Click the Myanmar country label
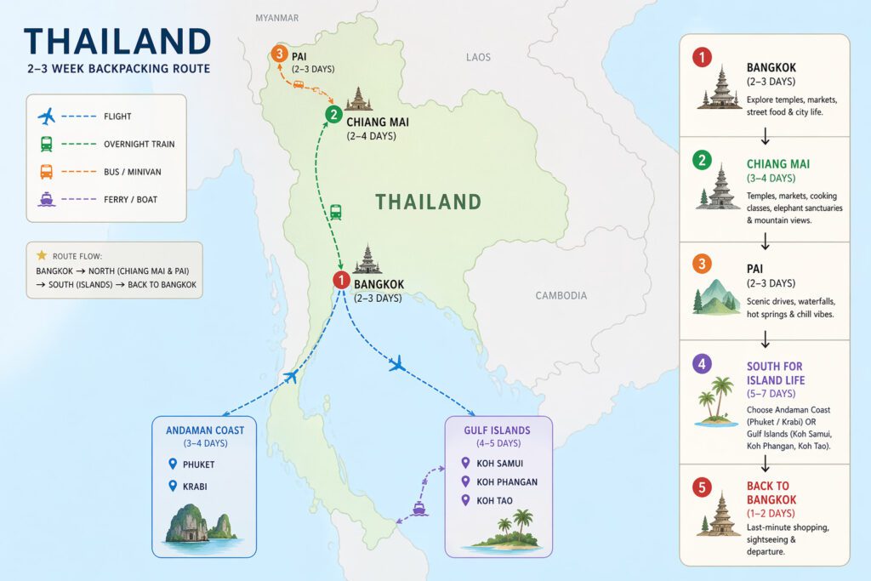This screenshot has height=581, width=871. point(276,18)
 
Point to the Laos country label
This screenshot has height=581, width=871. point(478,57)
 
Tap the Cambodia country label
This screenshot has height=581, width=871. point(561,295)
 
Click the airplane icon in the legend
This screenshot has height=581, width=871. point(47,117)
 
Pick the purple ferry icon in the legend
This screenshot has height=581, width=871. point(47,199)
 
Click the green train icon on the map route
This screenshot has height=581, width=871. point(336,212)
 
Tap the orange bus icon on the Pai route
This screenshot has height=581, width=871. point(299,85)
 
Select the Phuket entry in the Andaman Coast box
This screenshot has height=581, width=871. point(198,464)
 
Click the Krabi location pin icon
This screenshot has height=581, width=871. point(172,487)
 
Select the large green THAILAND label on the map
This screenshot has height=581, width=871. point(429,202)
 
